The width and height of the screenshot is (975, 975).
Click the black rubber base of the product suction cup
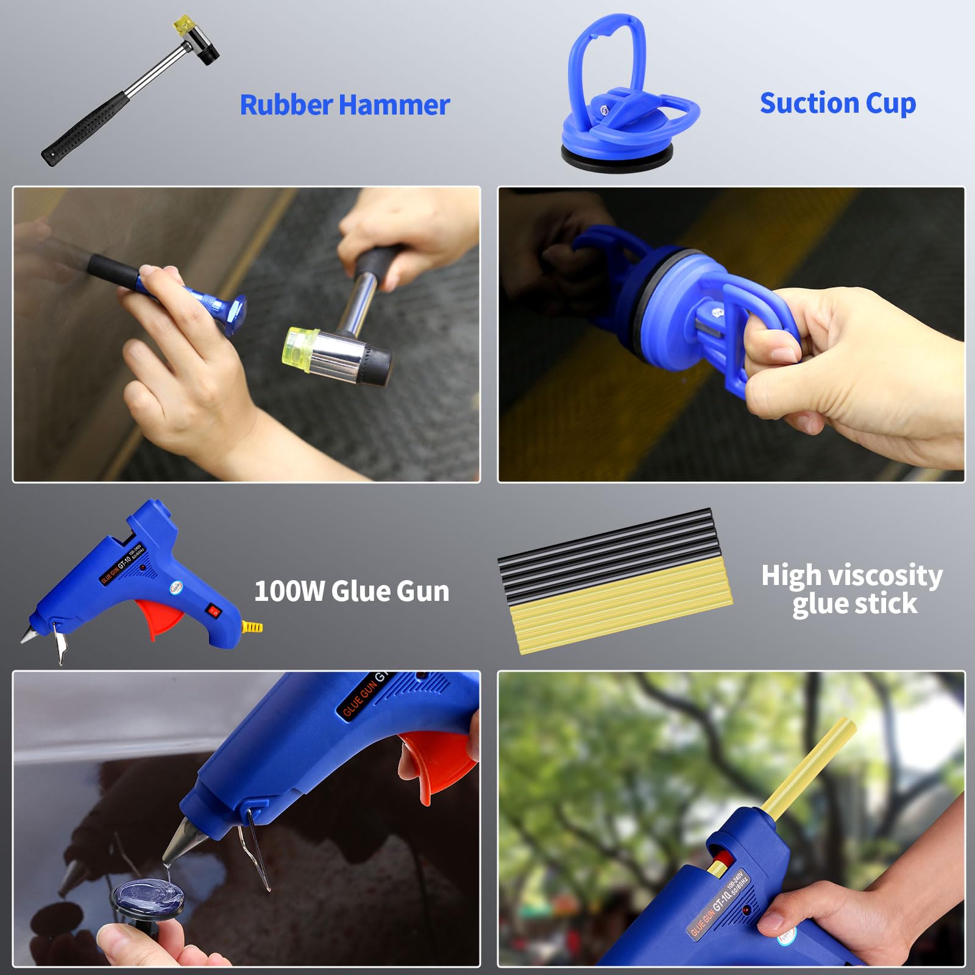(617, 157)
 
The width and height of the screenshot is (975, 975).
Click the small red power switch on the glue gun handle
(214, 609)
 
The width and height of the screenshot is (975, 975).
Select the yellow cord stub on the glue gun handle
(252, 626)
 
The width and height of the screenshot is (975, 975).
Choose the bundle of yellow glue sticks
(622, 609)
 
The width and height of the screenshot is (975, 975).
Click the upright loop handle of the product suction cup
(606, 55)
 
